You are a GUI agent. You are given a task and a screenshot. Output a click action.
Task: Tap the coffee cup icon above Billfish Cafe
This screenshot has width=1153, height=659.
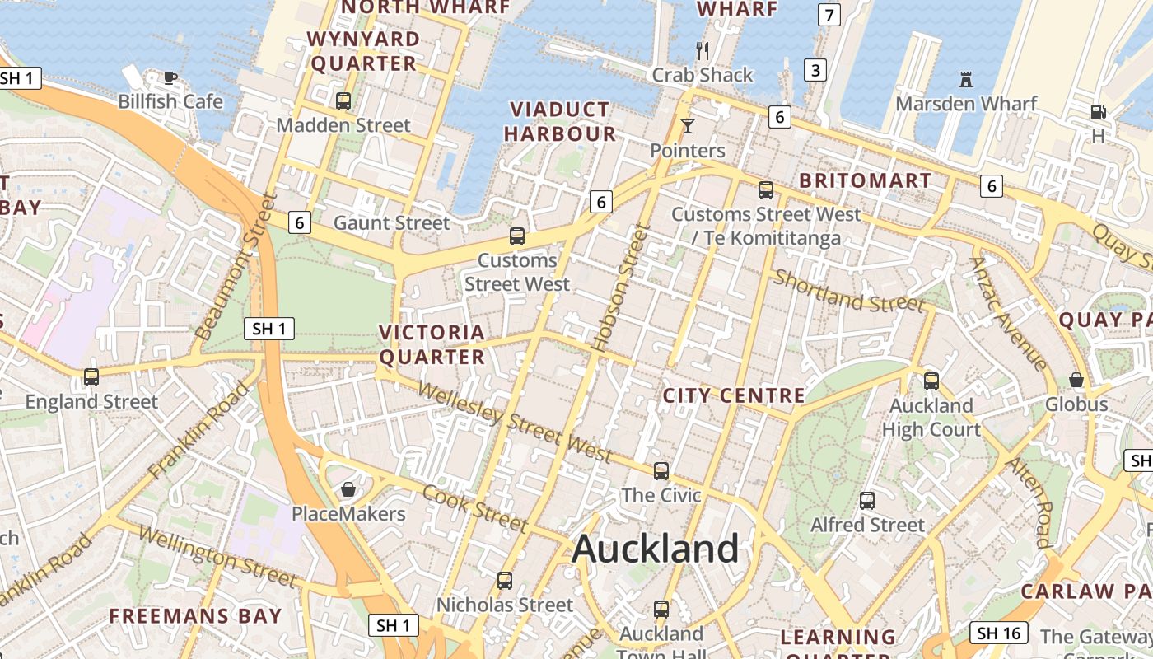point(170,78)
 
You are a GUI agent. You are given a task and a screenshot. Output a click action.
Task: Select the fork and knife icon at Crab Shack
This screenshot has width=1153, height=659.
point(703,51)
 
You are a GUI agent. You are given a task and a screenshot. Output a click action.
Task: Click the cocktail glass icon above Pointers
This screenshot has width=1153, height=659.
point(688,126)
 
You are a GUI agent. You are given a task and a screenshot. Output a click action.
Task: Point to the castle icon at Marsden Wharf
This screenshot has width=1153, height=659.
point(966,80)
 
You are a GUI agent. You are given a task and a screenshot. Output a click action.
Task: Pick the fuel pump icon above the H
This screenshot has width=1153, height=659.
point(1098,112)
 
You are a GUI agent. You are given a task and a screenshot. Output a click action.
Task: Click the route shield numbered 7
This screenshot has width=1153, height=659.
point(829,15)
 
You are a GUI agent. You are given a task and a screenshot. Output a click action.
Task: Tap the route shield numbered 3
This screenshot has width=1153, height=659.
point(815,70)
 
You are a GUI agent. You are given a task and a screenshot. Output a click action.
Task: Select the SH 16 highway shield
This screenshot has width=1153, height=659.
point(1000,633)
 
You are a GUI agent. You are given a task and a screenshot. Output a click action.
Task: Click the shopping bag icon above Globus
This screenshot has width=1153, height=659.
point(1076,380)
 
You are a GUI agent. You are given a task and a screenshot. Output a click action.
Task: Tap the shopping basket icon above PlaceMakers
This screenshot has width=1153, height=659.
point(348,490)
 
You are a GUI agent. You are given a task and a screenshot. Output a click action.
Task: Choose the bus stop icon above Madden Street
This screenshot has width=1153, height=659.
point(343,101)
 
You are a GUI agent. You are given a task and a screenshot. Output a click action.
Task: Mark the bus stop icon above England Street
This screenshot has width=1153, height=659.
point(91,377)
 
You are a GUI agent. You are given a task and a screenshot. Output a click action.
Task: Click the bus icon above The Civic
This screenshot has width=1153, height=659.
point(661,471)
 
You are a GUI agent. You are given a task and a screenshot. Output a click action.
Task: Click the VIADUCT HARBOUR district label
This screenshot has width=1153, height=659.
point(560,122)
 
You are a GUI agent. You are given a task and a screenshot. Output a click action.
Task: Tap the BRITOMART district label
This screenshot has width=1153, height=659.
point(866,180)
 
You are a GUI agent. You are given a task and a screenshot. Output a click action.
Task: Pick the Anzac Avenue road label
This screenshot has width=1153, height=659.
point(1008,313)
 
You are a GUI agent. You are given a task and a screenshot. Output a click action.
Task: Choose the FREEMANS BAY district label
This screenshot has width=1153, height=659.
point(195,615)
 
